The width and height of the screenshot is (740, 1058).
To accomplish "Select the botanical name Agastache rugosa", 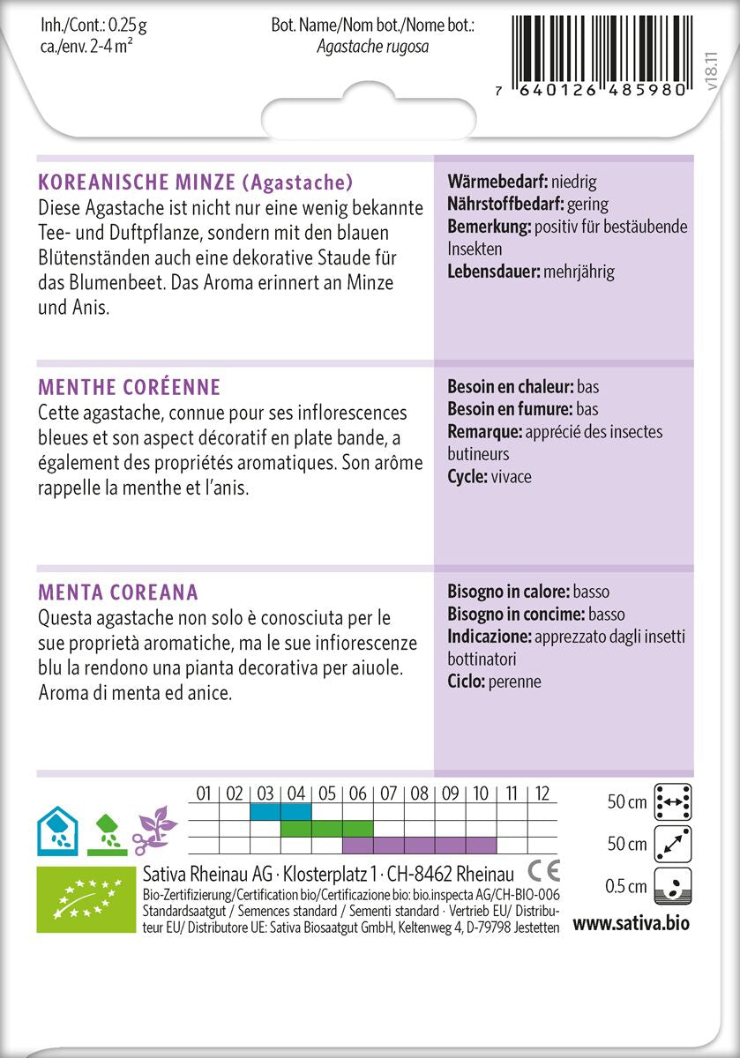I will tap(372, 47).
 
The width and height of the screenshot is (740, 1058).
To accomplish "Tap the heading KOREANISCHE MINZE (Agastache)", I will tap(196, 183).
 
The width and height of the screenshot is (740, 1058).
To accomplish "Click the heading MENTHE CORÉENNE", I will tap(130, 387).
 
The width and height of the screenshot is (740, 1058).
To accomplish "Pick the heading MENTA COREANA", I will tap(118, 592).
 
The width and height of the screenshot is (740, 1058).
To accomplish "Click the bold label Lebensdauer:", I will tap(494, 272).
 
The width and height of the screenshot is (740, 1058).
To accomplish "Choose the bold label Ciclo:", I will tap(467, 682).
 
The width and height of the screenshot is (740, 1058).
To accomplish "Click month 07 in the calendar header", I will tap(389, 793).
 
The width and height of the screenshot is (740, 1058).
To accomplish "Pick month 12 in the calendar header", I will tap(543, 793).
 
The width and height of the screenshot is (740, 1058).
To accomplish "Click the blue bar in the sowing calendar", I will tap(280, 811).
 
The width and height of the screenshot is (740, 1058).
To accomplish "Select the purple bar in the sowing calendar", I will tap(419, 845).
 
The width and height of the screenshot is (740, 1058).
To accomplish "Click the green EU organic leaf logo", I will tap(85, 898).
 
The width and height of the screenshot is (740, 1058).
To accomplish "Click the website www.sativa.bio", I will tap(631, 924).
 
